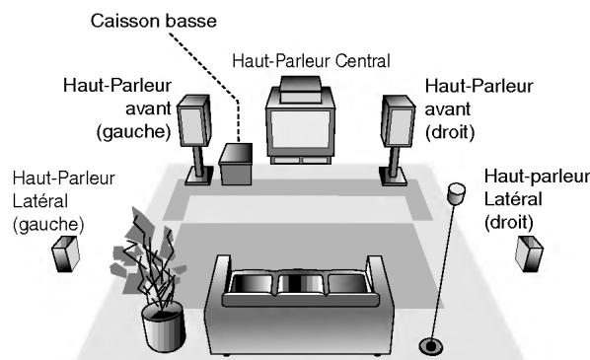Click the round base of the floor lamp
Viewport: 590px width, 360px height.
[430, 345]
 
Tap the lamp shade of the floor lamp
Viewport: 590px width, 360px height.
[455, 193]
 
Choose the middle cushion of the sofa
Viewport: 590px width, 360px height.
[297, 285]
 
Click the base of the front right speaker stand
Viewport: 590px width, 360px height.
[395, 178]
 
